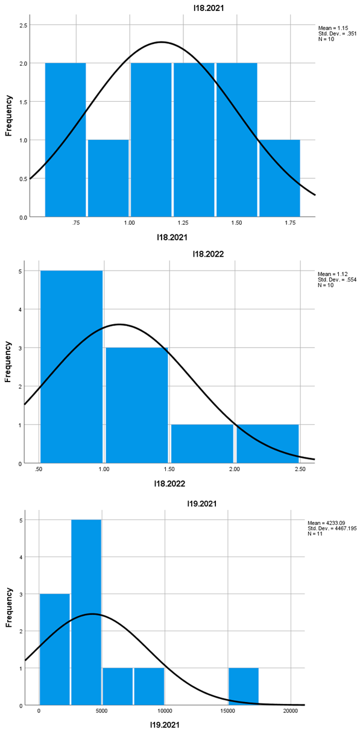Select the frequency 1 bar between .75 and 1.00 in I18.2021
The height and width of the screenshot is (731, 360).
pos(108,178)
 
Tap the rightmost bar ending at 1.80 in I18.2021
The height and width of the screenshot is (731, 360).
pos(279,178)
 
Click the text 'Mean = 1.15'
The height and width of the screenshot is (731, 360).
pos(332,28)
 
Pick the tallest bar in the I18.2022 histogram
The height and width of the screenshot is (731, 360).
pos(71,367)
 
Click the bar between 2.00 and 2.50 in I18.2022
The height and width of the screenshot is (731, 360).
pos(267,444)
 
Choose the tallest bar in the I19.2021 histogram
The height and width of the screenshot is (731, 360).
pos(86,612)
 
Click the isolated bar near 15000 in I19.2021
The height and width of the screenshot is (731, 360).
pos(244,686)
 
